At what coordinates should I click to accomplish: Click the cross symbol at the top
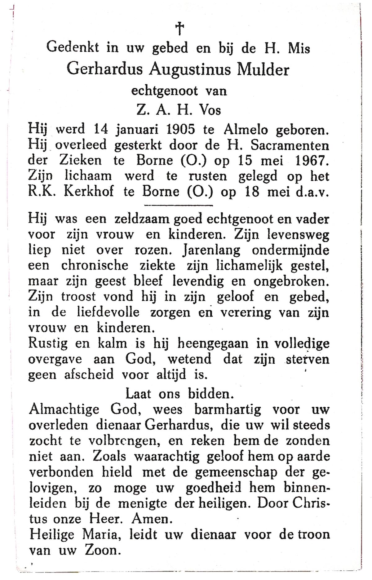[x=179, y=29]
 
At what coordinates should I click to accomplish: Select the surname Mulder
[x=263, y=69]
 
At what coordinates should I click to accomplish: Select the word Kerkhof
[x=88, y=192]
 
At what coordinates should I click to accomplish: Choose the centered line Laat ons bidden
[x=179, y=394]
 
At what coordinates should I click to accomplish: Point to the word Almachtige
[x=64, y=410]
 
